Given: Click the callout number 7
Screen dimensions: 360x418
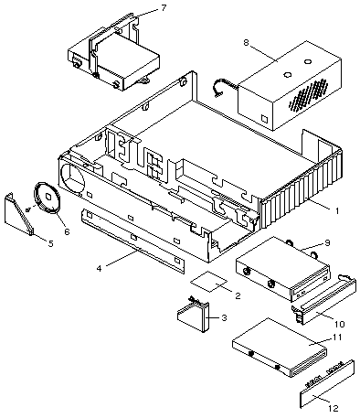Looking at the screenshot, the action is click(164, 8).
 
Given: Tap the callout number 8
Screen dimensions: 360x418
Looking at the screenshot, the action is click(246, 42).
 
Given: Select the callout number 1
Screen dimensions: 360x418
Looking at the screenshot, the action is click(337, 210).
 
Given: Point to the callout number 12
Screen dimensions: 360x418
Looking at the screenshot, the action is click(334, 408).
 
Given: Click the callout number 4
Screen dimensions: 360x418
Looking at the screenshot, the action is click(99, 268).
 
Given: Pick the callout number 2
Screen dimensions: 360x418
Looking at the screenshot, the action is click(238, 295).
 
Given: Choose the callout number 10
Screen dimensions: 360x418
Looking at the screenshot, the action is click(340, 324).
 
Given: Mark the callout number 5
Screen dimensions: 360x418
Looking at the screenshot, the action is click(50, 243).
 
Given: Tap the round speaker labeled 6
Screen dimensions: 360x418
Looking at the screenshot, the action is click(47, 198).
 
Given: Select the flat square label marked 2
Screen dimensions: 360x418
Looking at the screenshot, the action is click(208, 281).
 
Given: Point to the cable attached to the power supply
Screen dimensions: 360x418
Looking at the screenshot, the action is click(225, 88).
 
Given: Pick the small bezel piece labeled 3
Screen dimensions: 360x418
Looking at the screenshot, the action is click(194, 316).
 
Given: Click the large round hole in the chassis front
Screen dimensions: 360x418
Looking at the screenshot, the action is click(73, 177).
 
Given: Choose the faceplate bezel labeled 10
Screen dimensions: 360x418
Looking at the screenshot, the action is click(323, 299).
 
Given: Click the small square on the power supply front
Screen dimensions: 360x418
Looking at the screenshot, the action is click(264, 118).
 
